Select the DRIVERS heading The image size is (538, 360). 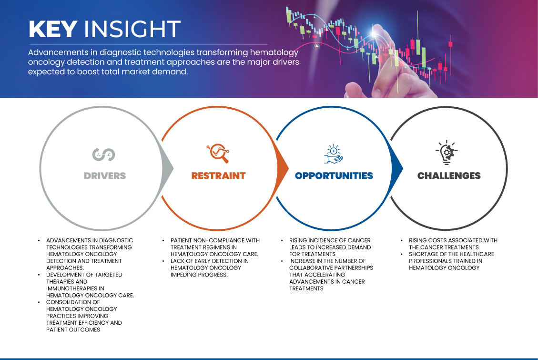tap(105, 176)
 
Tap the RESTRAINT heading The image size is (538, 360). tap(219, 176)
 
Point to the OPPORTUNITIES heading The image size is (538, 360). tap(334, 176)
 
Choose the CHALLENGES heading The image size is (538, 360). tap(449, 176)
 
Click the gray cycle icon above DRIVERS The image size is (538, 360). tap(103, 154)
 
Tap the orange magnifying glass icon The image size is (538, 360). tap(218, 153)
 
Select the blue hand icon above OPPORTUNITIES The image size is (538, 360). tap(334, 154)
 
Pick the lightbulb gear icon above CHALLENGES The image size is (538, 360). tap(447, 152)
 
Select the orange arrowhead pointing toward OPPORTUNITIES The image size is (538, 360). tap(283, 168)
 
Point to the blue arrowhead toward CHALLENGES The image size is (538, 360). tap(397, 168)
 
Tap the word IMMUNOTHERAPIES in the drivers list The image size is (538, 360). tap(75, 288)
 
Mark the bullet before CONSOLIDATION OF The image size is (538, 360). tap(39, 302)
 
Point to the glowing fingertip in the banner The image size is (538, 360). tap(375, 32)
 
